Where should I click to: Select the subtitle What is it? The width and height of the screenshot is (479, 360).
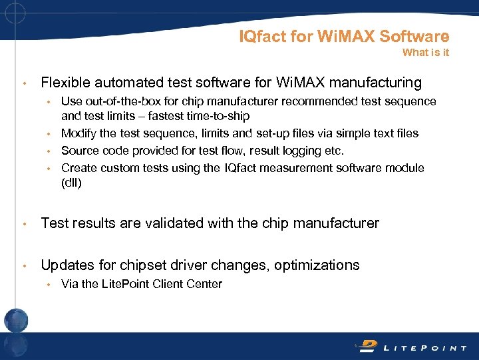point(426,53)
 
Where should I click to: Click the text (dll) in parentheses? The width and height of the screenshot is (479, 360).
point(71,183)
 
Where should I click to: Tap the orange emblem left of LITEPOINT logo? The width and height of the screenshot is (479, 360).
point(368,345)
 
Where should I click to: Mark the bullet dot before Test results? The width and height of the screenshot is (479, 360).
point(25,224)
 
